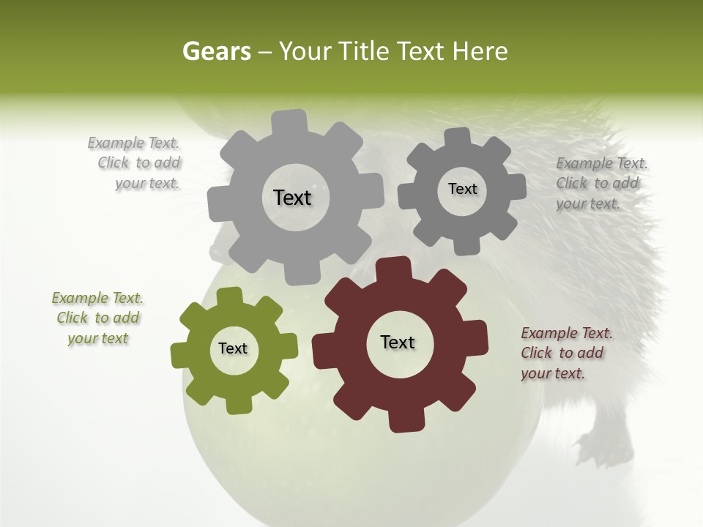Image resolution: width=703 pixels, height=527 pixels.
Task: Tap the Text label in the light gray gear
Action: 292,198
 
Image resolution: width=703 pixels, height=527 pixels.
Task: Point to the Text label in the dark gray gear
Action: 462,189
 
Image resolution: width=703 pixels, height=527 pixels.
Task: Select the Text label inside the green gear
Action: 233,348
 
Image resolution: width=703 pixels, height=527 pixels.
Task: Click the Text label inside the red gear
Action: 398,342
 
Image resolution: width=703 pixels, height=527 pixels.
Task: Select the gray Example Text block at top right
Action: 600,183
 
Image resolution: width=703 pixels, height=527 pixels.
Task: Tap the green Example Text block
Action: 97,318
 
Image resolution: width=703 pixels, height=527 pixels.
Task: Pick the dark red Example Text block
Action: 565,353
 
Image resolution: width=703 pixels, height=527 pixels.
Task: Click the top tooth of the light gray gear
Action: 290,122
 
